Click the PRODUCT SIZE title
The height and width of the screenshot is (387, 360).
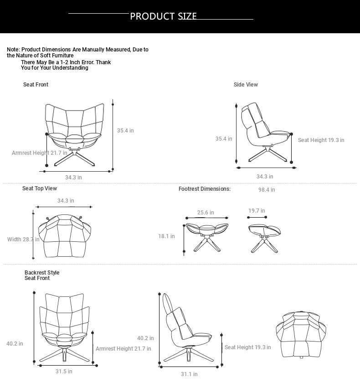pyautogui.click(x=163, y=16)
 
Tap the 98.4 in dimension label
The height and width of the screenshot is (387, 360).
pyautogui.click(x=267, y=190)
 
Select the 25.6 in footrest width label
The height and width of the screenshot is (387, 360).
pyautogui.click(x=206, y=213)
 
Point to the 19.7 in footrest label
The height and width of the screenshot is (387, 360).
pyautogui.click(x=257, y=211)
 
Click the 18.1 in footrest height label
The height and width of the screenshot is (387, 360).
pyautogui.click(x=166, y=236)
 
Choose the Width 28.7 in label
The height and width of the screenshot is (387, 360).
pyautogui.click(x=23, y=239)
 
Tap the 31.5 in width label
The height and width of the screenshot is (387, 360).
pyautogui.click(x=64, y=372)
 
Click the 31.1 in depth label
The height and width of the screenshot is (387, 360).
pyautogui.click(x=189, y=374)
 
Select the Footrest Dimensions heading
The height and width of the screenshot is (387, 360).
pyautogui.click(x=205, y=189)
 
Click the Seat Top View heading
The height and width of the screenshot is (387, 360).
pyautogui.click(x=40, y=188)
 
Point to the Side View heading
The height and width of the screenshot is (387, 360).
pyautogui.click(x=246, y=85)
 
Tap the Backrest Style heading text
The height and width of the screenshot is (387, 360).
pyautogui.click(x=42, y=273)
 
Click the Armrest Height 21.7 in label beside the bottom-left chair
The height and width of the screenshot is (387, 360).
pyautogui.click(x=123, y=349)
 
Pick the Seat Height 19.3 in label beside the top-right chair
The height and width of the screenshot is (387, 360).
pyautogui.click(x=321, y=140)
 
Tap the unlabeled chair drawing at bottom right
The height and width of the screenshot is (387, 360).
pyautogui.click(x=301, y=334)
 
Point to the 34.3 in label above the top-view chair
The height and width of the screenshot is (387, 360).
pyautogui.click(x=66, y=201)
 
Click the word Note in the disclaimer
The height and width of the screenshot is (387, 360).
pyautogui.click(x=13, y=50)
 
